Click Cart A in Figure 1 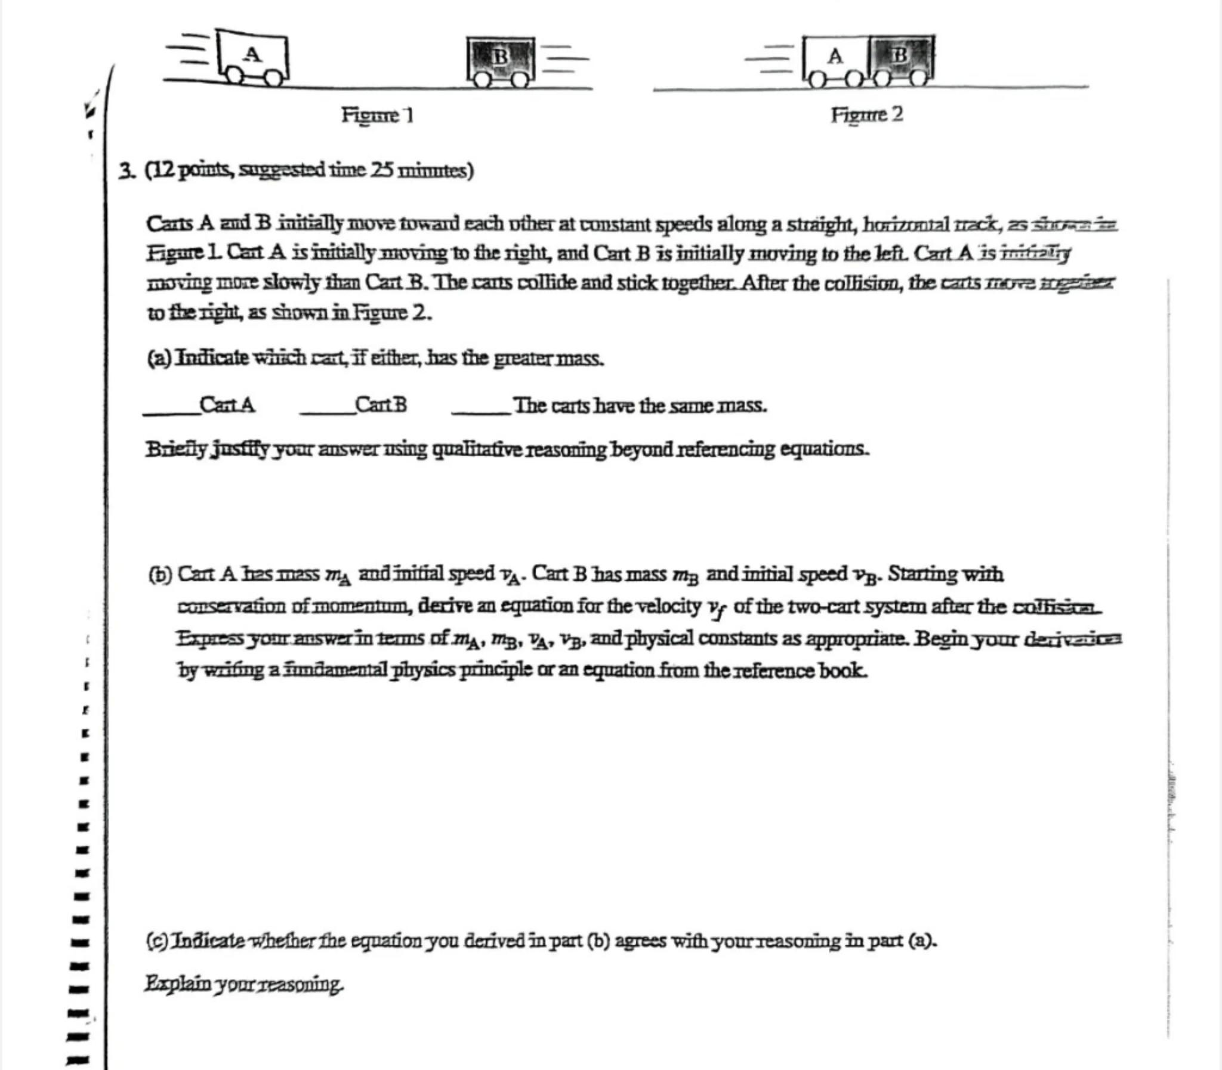click(x=253, y=55)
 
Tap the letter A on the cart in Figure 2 click(x=835, y=57)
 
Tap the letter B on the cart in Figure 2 click(x=900, y=55)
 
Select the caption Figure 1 click(x=377, y=114)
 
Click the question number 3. click(x=126, y=171)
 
